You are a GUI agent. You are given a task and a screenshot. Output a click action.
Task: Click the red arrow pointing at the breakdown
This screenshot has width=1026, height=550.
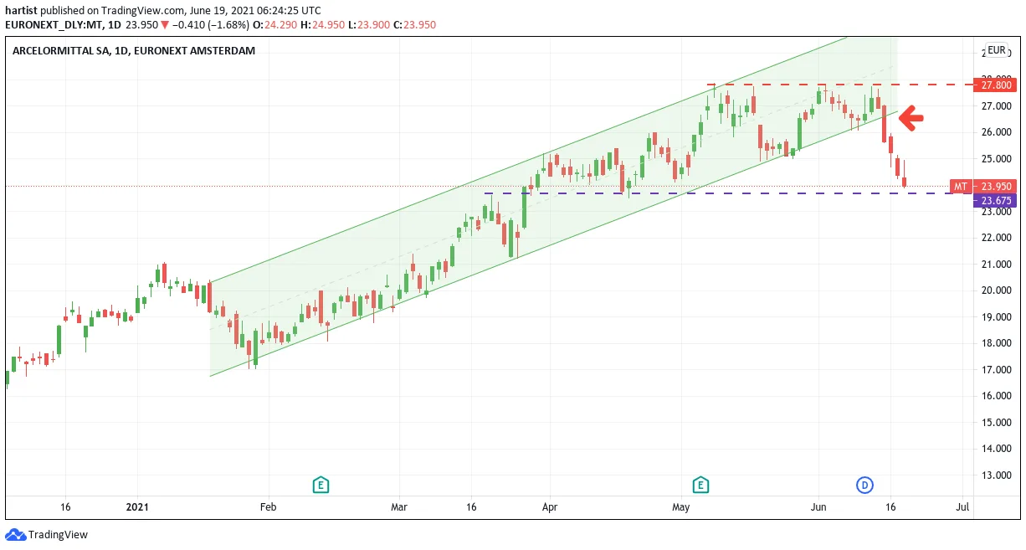click(x=911, y=118)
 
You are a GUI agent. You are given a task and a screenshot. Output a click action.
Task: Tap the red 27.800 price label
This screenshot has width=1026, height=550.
click(x=995, y=85)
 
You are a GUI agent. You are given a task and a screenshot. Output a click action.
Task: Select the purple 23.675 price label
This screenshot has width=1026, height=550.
click(x=995, y=200)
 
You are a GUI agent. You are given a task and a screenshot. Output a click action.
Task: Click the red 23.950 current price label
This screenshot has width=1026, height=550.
click(x=995, y=187)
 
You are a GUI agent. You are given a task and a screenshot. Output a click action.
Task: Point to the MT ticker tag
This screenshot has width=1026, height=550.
click(x=961, y=187)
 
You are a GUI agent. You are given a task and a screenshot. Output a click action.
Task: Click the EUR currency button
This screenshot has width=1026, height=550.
click(x=996, y=50)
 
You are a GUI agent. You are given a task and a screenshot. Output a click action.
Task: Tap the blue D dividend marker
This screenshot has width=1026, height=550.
click(x=864, y=485)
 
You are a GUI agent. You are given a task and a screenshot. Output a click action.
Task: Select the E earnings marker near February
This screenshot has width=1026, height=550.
click(x=321, y=485)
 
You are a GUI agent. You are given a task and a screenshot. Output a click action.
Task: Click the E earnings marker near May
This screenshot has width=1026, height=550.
click(x=700, y=485)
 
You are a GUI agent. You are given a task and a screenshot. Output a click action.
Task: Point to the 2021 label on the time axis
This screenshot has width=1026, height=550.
click(x=137, y=507)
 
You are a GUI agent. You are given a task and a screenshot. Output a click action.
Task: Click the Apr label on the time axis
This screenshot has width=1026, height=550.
click(x=550, y=507)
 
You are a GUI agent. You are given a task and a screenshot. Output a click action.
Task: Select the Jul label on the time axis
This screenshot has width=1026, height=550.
click(x=962, y=507)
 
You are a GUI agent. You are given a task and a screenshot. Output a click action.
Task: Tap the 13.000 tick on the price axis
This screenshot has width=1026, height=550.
click(x=997, y=475)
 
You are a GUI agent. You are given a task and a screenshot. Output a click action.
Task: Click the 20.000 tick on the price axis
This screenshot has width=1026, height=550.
click(x=997, y=290)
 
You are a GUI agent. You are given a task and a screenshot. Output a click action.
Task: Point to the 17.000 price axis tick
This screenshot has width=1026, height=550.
click(x=997, y=369)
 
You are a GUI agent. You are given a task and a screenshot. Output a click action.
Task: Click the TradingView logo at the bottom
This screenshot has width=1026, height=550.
click(x=46, y=534)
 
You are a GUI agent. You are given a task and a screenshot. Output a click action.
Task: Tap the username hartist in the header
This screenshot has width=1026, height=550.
click(x=21, y=10)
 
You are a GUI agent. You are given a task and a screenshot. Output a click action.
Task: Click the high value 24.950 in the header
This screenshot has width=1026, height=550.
click(x=328, y=25)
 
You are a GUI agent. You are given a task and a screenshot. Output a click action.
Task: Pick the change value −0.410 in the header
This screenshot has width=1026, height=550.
click(x=188, y=25)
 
